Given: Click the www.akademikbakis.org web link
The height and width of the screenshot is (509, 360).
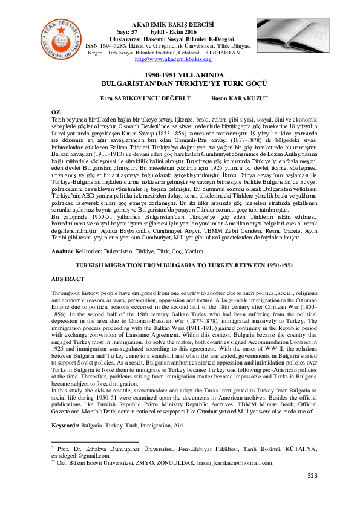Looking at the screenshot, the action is click(x=160, y=59).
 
